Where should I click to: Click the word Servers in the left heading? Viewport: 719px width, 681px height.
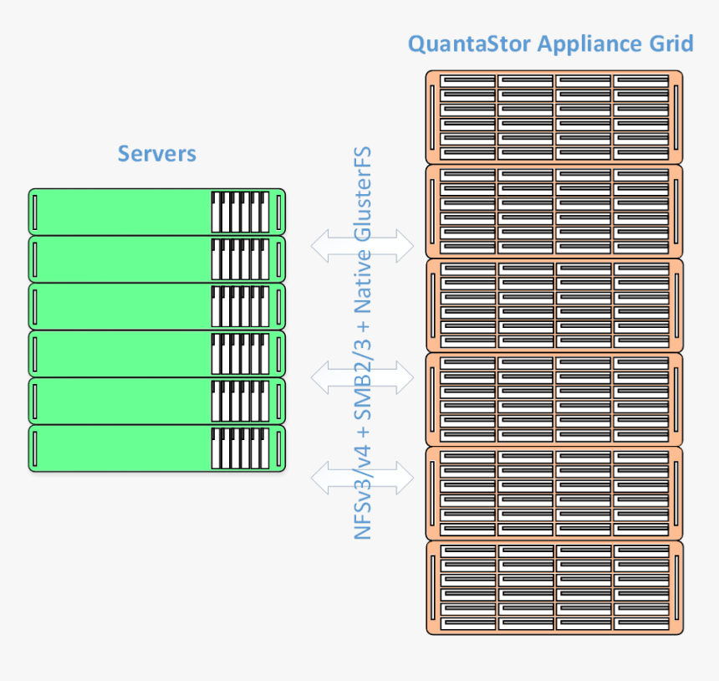(x=157, y=154)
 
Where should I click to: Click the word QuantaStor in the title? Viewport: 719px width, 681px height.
(x=469, y=44)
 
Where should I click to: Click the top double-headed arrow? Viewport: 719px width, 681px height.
(x=362, y=245)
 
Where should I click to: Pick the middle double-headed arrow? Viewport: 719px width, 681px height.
(x=362, y=378)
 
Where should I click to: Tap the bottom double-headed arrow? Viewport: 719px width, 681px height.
(x=362, y=479)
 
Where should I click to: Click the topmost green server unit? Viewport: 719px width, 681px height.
(x=121, y=212)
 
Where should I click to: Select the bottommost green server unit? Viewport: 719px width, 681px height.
(x=121, y=448)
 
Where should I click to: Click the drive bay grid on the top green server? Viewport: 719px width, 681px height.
(x=241, y=212)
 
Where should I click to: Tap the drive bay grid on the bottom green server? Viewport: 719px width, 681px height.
(x=241, y=448)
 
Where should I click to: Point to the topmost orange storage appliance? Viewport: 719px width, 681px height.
(x=554, y=117)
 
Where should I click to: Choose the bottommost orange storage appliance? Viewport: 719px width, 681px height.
(x=554, y=586)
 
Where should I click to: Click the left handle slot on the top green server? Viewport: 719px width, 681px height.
(x=34, y=212)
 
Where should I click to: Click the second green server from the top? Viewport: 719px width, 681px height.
(x=121, y=259)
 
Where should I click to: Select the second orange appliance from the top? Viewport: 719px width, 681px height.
(x=554, y=211)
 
